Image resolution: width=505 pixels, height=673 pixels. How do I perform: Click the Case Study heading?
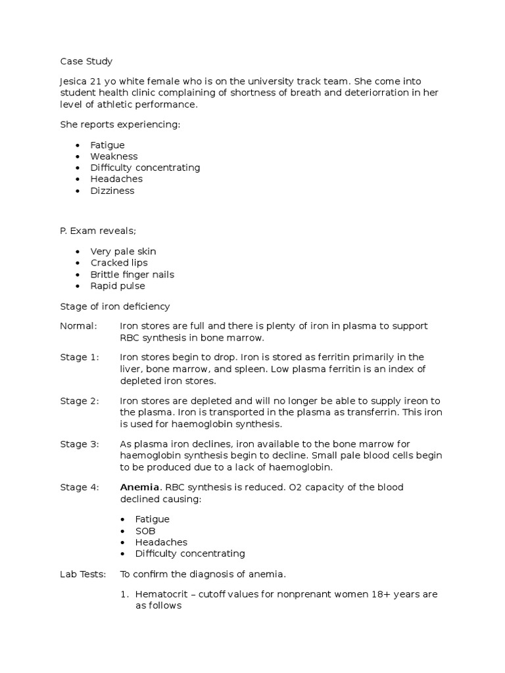pos(86,61)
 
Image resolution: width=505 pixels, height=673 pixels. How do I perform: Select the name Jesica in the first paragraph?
pos(73,81)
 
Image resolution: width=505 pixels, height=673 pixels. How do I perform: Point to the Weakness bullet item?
pos(114,156)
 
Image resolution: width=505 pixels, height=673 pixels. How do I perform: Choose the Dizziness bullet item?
pos(112,191)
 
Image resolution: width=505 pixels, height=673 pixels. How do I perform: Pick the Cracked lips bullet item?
pos(119,263)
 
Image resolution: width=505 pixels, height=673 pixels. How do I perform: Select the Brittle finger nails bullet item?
pos(132,274)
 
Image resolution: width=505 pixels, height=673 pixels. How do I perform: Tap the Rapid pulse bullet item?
pos(118,286)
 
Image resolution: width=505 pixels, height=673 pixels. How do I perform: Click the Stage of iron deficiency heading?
pos(115,306)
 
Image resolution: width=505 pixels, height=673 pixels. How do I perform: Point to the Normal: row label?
pos(78,326)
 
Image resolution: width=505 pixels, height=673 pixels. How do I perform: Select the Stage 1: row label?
pos(80,358)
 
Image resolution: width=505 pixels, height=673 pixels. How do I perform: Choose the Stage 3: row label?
pos(80,444)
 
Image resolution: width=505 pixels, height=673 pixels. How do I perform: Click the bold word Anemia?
pos(139,488)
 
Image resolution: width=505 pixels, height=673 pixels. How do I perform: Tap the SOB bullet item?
pos(145,530)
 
